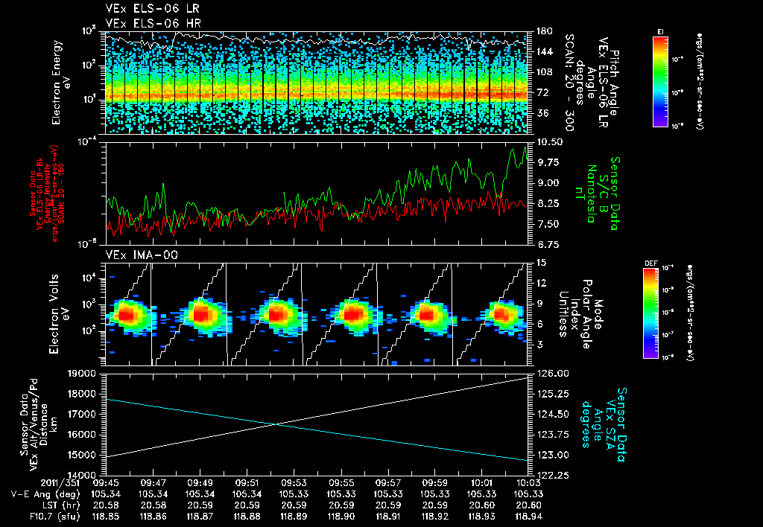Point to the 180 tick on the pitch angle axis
[544, 31]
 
